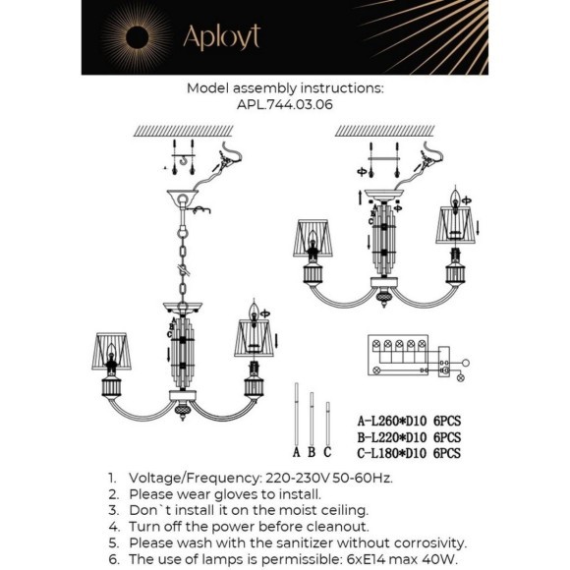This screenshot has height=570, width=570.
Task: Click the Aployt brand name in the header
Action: pyautogui.click(x=222, y=37)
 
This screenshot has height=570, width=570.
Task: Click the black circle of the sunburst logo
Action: pyautogui.click(x=137, y=37)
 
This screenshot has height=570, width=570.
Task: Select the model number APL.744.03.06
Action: pyautogui.click(x=285, y=105)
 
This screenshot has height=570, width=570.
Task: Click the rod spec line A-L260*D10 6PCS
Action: pyautogui.click(x=409, y=421)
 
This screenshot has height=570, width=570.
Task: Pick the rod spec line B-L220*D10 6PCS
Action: pyautogui.click(x=409, y=437)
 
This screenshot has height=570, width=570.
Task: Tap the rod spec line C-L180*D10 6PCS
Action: pyautogui.click(x=409, y=453)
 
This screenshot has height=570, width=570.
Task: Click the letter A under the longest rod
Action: pyautogui.click(x=296, y=452)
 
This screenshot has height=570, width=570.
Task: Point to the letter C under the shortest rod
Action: pyautogui.click(x=327, y=452)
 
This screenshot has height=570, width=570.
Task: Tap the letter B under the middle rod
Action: pyautogui.click(x=312, y=452)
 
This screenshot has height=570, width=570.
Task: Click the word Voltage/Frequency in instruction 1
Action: pyautogui.click(x=195, y=478)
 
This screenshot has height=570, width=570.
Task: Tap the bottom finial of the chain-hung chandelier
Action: pyautogui.click(x=183, y=411)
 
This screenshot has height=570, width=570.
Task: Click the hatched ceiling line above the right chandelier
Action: pyautogui.click(x=384, y=131)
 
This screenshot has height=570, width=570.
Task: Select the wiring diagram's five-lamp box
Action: pyautogui.click(x=398, y=355)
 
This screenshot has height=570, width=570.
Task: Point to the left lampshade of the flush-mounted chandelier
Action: pyautogui.click(x=313, y=238)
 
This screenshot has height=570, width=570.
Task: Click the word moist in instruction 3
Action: pyautogui.click(x=297, y=510)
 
